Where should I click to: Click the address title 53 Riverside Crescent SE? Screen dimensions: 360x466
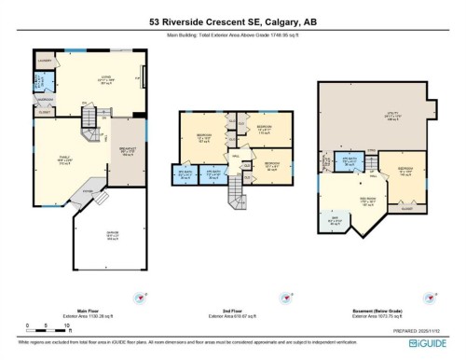(x=233, y=20)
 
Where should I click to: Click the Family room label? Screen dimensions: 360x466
(x=65, y=164)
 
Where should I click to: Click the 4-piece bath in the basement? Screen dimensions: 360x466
(x=350, y=162)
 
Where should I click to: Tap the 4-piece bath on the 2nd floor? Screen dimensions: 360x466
(x=212, y=173)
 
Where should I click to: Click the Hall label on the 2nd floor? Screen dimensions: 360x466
(x=237, y=157)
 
